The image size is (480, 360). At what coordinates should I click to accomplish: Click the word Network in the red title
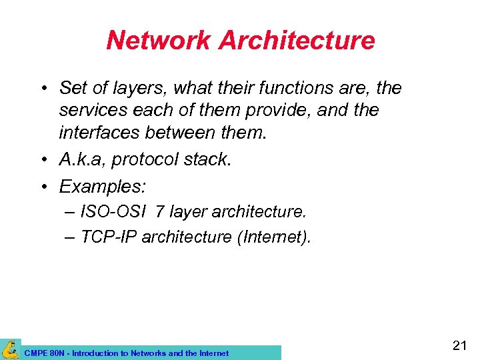click(x=158, y=40)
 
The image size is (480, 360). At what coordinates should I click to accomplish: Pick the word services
click(x=91, y=110)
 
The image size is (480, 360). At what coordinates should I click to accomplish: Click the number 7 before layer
click(x=160, y=213)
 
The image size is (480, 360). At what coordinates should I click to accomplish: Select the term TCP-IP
click(x=109, y=237)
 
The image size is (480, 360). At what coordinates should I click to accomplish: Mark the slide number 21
click(x=459, y=345)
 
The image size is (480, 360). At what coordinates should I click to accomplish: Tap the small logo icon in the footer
click(x=10, y=349)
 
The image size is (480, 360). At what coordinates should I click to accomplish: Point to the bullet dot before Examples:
click(x=42, y=186)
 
